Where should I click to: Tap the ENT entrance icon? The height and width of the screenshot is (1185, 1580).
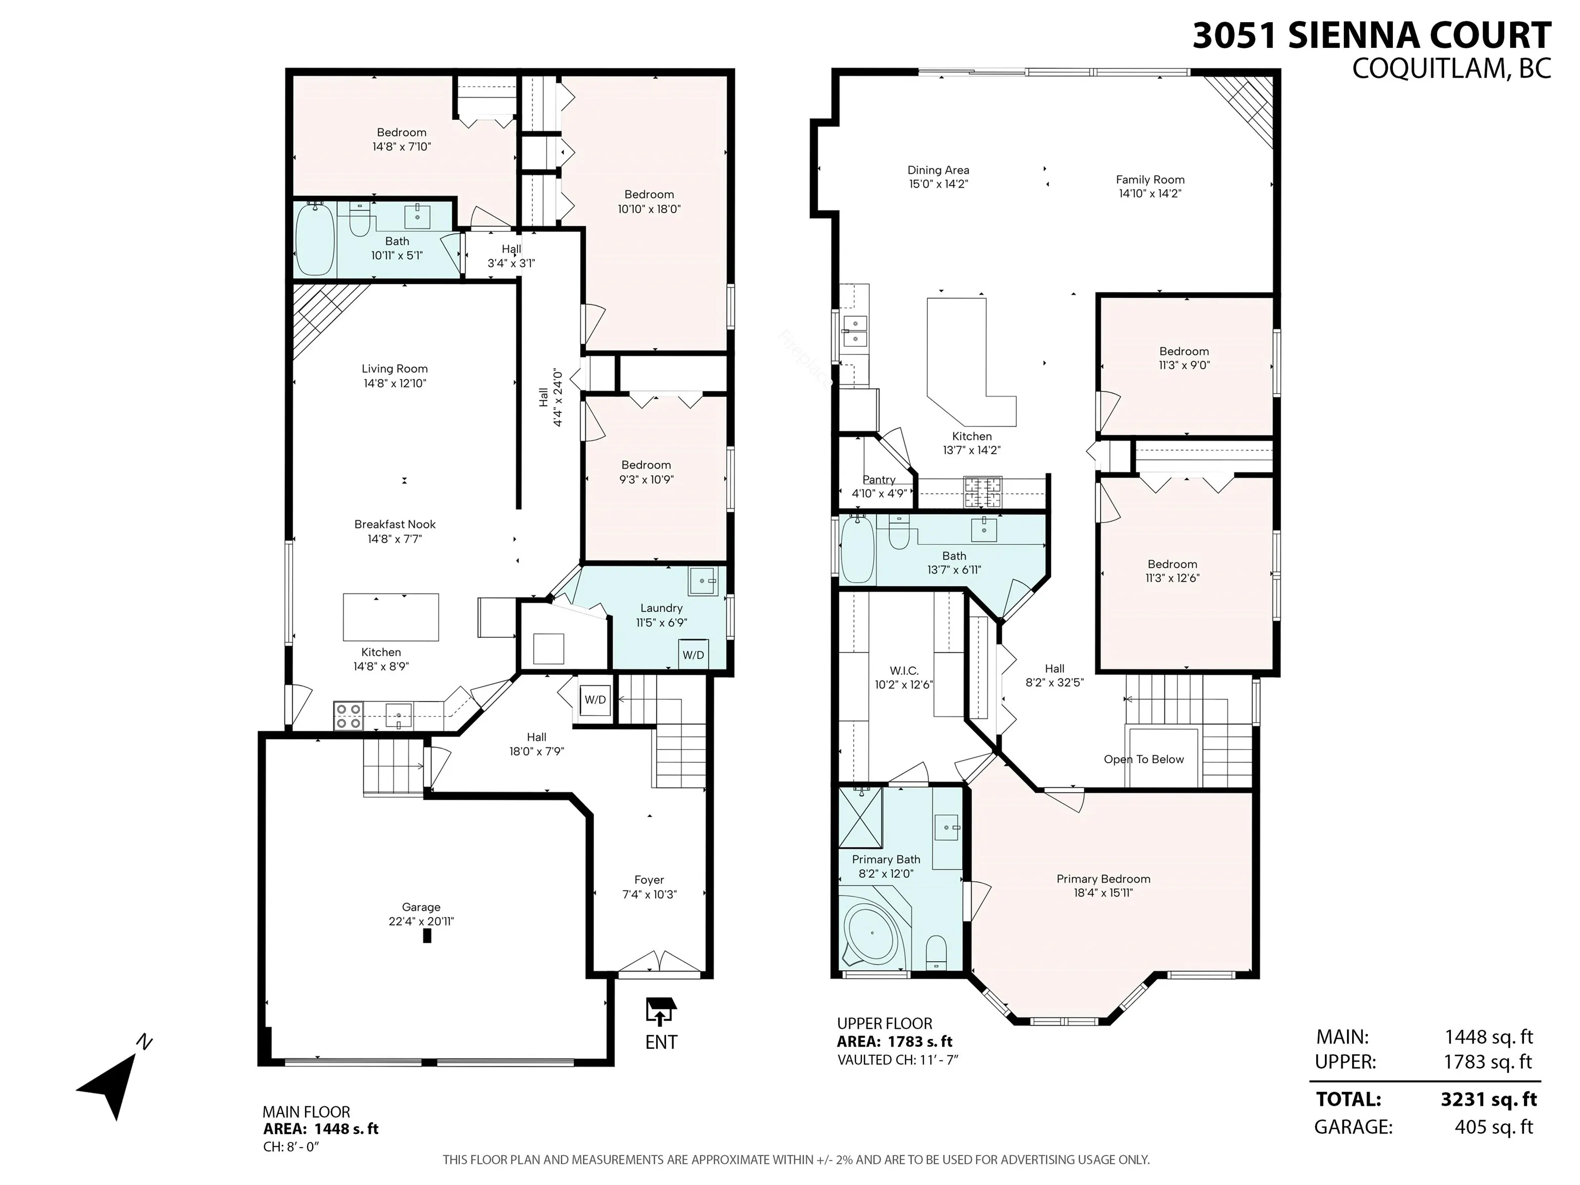point(660,1013)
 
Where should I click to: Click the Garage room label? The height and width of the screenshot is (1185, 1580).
point(421,907)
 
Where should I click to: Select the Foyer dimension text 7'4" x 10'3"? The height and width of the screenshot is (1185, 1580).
point(649,894)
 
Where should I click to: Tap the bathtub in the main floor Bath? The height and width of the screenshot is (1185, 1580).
point(315,239)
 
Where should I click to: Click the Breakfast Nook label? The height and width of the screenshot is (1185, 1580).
point(394,524)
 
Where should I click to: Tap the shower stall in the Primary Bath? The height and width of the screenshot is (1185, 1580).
point(860,816)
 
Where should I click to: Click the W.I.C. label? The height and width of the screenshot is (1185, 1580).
point(904,671)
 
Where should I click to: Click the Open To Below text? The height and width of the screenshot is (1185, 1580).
point(1143,759)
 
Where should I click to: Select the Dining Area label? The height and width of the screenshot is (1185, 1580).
point(938,170)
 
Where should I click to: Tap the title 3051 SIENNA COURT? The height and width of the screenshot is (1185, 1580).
point(1371,35)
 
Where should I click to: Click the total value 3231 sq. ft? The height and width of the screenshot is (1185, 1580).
point(1488,1099)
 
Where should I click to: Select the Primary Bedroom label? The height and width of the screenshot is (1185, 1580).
point(1103,878)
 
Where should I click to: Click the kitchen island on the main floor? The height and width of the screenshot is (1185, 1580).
point(391,617)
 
